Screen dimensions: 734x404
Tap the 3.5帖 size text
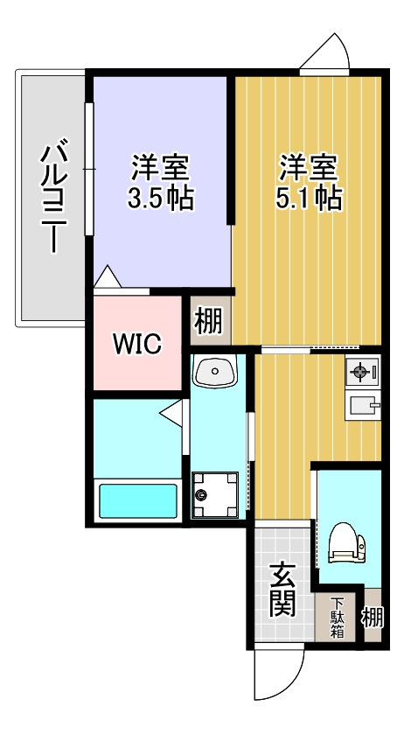[x=160, y=199]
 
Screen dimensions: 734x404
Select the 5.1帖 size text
[x=308, y=199]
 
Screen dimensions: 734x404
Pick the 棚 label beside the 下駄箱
[x=373, y=618]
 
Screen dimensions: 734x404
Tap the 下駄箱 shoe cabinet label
[x=338, y=619]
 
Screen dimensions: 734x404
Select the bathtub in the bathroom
[x=137, y=501]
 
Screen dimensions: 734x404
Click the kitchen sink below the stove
[x=363, y=404]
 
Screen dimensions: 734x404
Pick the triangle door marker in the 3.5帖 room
[x=107, y=277]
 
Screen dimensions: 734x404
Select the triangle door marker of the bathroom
[x=170, y=411]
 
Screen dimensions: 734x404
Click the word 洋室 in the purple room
[x=160, y=165]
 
